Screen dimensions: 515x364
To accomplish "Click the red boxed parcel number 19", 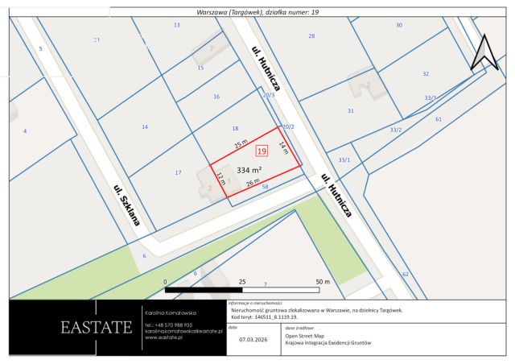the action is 262,150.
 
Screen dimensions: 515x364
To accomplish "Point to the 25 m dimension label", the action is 241,144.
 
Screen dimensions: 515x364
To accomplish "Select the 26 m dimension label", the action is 252,184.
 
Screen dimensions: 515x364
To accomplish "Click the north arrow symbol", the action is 485,53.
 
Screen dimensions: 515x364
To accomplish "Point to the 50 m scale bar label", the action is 323,282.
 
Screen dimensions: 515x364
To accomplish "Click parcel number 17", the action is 178,172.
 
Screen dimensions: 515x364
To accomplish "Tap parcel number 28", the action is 311,36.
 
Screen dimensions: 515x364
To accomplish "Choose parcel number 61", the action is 439,119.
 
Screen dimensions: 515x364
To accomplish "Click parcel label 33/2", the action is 395,130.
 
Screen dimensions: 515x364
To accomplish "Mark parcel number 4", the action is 25,130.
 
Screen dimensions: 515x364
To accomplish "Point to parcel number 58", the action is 265,187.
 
